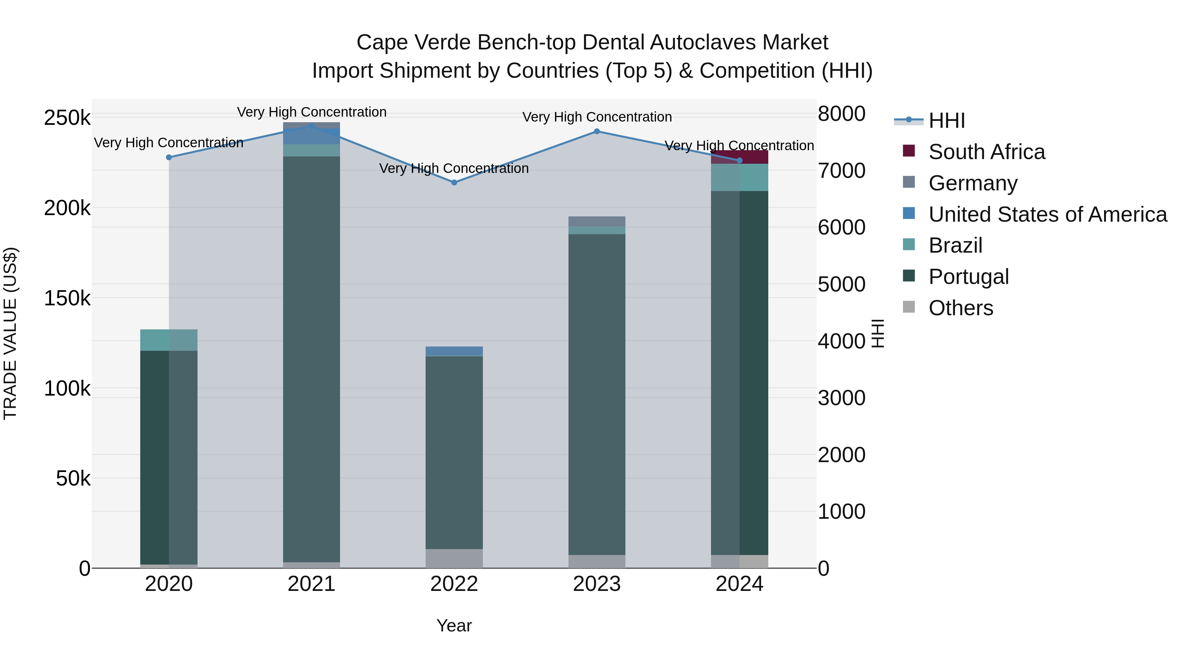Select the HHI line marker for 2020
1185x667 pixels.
169,157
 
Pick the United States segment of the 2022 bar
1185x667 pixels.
454,351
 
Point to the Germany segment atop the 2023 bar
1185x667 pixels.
597,221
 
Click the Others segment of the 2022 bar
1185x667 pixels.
454,558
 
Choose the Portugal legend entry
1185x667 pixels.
968,277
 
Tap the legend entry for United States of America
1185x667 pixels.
1047,214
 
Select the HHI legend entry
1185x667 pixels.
946,121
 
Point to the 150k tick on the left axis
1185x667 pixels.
67,298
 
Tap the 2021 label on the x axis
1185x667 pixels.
311,584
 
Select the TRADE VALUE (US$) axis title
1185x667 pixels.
11,333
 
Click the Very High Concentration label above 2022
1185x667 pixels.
454,168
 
